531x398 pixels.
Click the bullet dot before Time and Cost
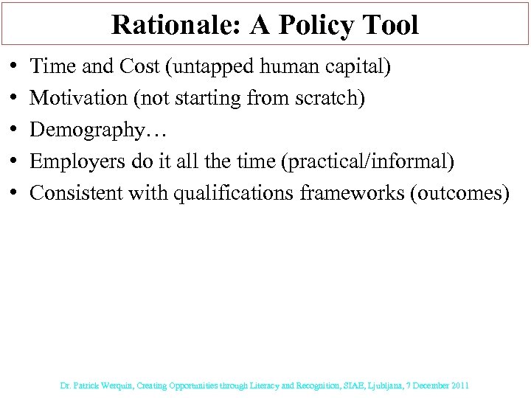click(x=16, y=67)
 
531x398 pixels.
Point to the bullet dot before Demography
click(x=16, y=130)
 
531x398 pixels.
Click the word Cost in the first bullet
click(x=147, y=67)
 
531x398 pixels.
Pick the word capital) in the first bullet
click(x=364, y=67)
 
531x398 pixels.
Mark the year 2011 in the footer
click(x=459, y=385)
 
